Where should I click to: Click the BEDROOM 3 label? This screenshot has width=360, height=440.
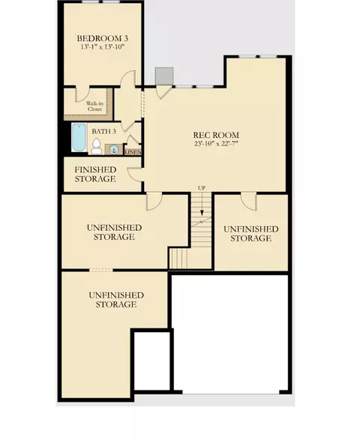point(103,38)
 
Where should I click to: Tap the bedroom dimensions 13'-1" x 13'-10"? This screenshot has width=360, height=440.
point(103,47)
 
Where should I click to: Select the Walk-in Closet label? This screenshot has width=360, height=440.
point(94,106)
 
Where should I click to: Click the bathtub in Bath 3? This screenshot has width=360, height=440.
point(79,137)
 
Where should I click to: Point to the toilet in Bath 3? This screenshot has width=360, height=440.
point(97,146)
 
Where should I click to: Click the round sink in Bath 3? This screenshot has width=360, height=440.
point(114,149)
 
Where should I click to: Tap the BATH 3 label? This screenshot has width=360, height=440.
point(104,131)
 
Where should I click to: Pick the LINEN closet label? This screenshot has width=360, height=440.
point(133,152)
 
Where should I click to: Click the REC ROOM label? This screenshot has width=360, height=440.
point(216,135)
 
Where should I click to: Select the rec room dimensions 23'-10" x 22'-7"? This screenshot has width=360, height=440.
point(216,144)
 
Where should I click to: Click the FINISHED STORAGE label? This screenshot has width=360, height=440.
point(95,174)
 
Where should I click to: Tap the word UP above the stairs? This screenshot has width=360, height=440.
point(202,187)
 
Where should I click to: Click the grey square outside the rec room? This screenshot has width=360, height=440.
point(164,76)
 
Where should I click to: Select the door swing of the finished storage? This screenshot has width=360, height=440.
point(135,174)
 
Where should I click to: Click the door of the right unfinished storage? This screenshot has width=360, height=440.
point(249,201)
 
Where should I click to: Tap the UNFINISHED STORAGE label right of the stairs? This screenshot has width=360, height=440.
point(251,234)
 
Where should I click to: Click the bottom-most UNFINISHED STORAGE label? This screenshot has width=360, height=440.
point(116,300)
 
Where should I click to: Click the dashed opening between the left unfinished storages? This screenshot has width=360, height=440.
point(101,270)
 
